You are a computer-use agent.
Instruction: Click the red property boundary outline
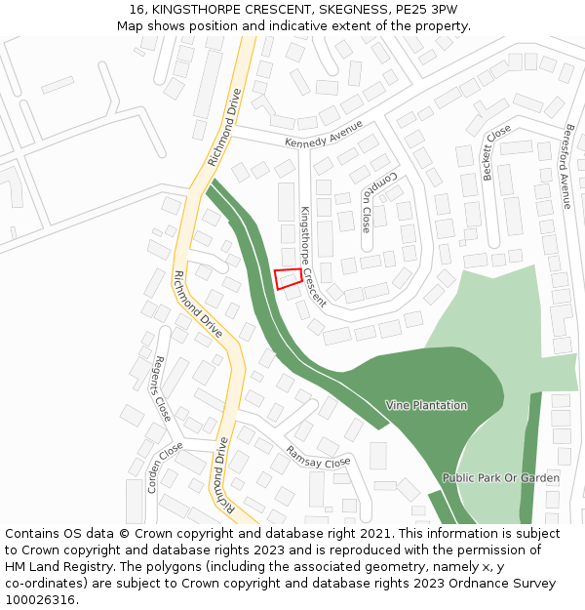288,278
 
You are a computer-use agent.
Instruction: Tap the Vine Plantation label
426,405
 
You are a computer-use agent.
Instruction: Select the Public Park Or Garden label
500,478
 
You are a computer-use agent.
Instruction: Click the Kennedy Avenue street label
324,134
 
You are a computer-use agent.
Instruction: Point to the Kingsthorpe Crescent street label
312,256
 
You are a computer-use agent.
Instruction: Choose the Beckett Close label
496,152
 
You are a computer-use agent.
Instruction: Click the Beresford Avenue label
566,165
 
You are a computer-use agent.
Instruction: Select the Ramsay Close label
318,456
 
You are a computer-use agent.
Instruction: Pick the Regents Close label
162,387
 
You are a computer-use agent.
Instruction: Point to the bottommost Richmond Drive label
223,475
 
